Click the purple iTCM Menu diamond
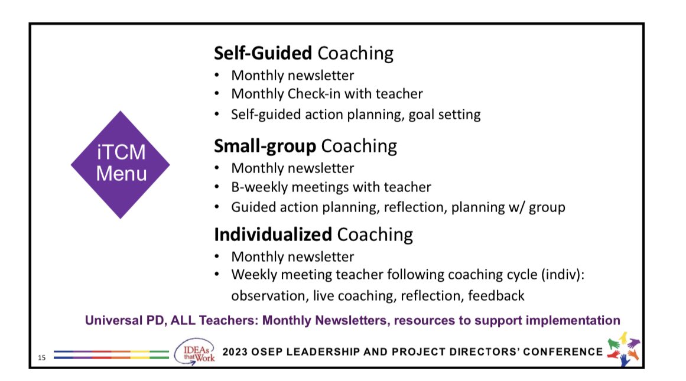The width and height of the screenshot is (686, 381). point(121,165)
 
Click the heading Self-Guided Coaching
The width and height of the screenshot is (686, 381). point(303,54)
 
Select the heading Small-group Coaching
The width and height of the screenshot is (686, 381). point(305,146)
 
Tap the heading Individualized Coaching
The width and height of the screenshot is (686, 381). point(313,235)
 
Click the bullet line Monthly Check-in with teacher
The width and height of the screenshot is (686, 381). point(327,93)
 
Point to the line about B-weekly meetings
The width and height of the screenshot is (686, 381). point(331,187)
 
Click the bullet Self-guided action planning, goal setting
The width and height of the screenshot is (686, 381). point(356,114)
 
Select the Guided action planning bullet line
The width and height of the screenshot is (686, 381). point(398,207)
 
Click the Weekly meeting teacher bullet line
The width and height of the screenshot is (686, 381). point(407,275)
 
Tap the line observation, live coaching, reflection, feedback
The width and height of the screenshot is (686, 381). point(378,295)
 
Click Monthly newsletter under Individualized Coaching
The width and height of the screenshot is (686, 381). point(292,257)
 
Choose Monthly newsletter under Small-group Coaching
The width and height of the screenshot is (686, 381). point(292,168)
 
